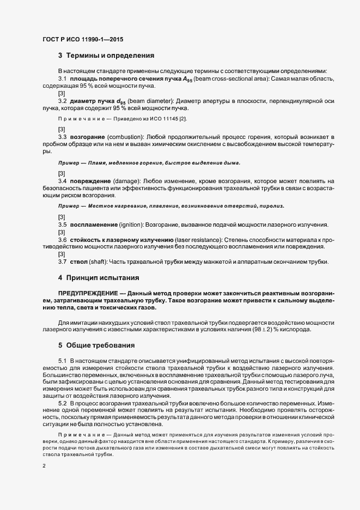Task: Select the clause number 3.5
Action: pyautogui.click(x=63, y=225)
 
